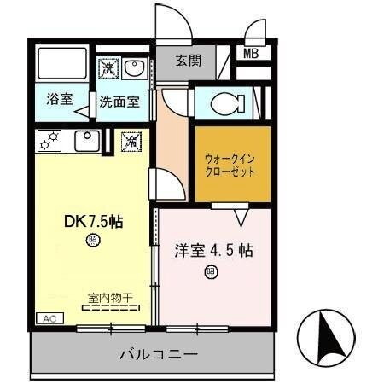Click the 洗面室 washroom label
[x=119, y=100]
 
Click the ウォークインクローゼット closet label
[x=230, y=164]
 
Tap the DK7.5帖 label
[x=93, y=221]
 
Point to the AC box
[x=47, y=317]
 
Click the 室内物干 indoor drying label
[x=111, y=298]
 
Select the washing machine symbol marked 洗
[x=108, y=67]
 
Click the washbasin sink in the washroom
[x=135, y=67]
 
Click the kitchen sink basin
[x=85, y=139]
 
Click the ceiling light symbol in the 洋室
[x=210, y=273]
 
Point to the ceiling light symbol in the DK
[x=92, y=241]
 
